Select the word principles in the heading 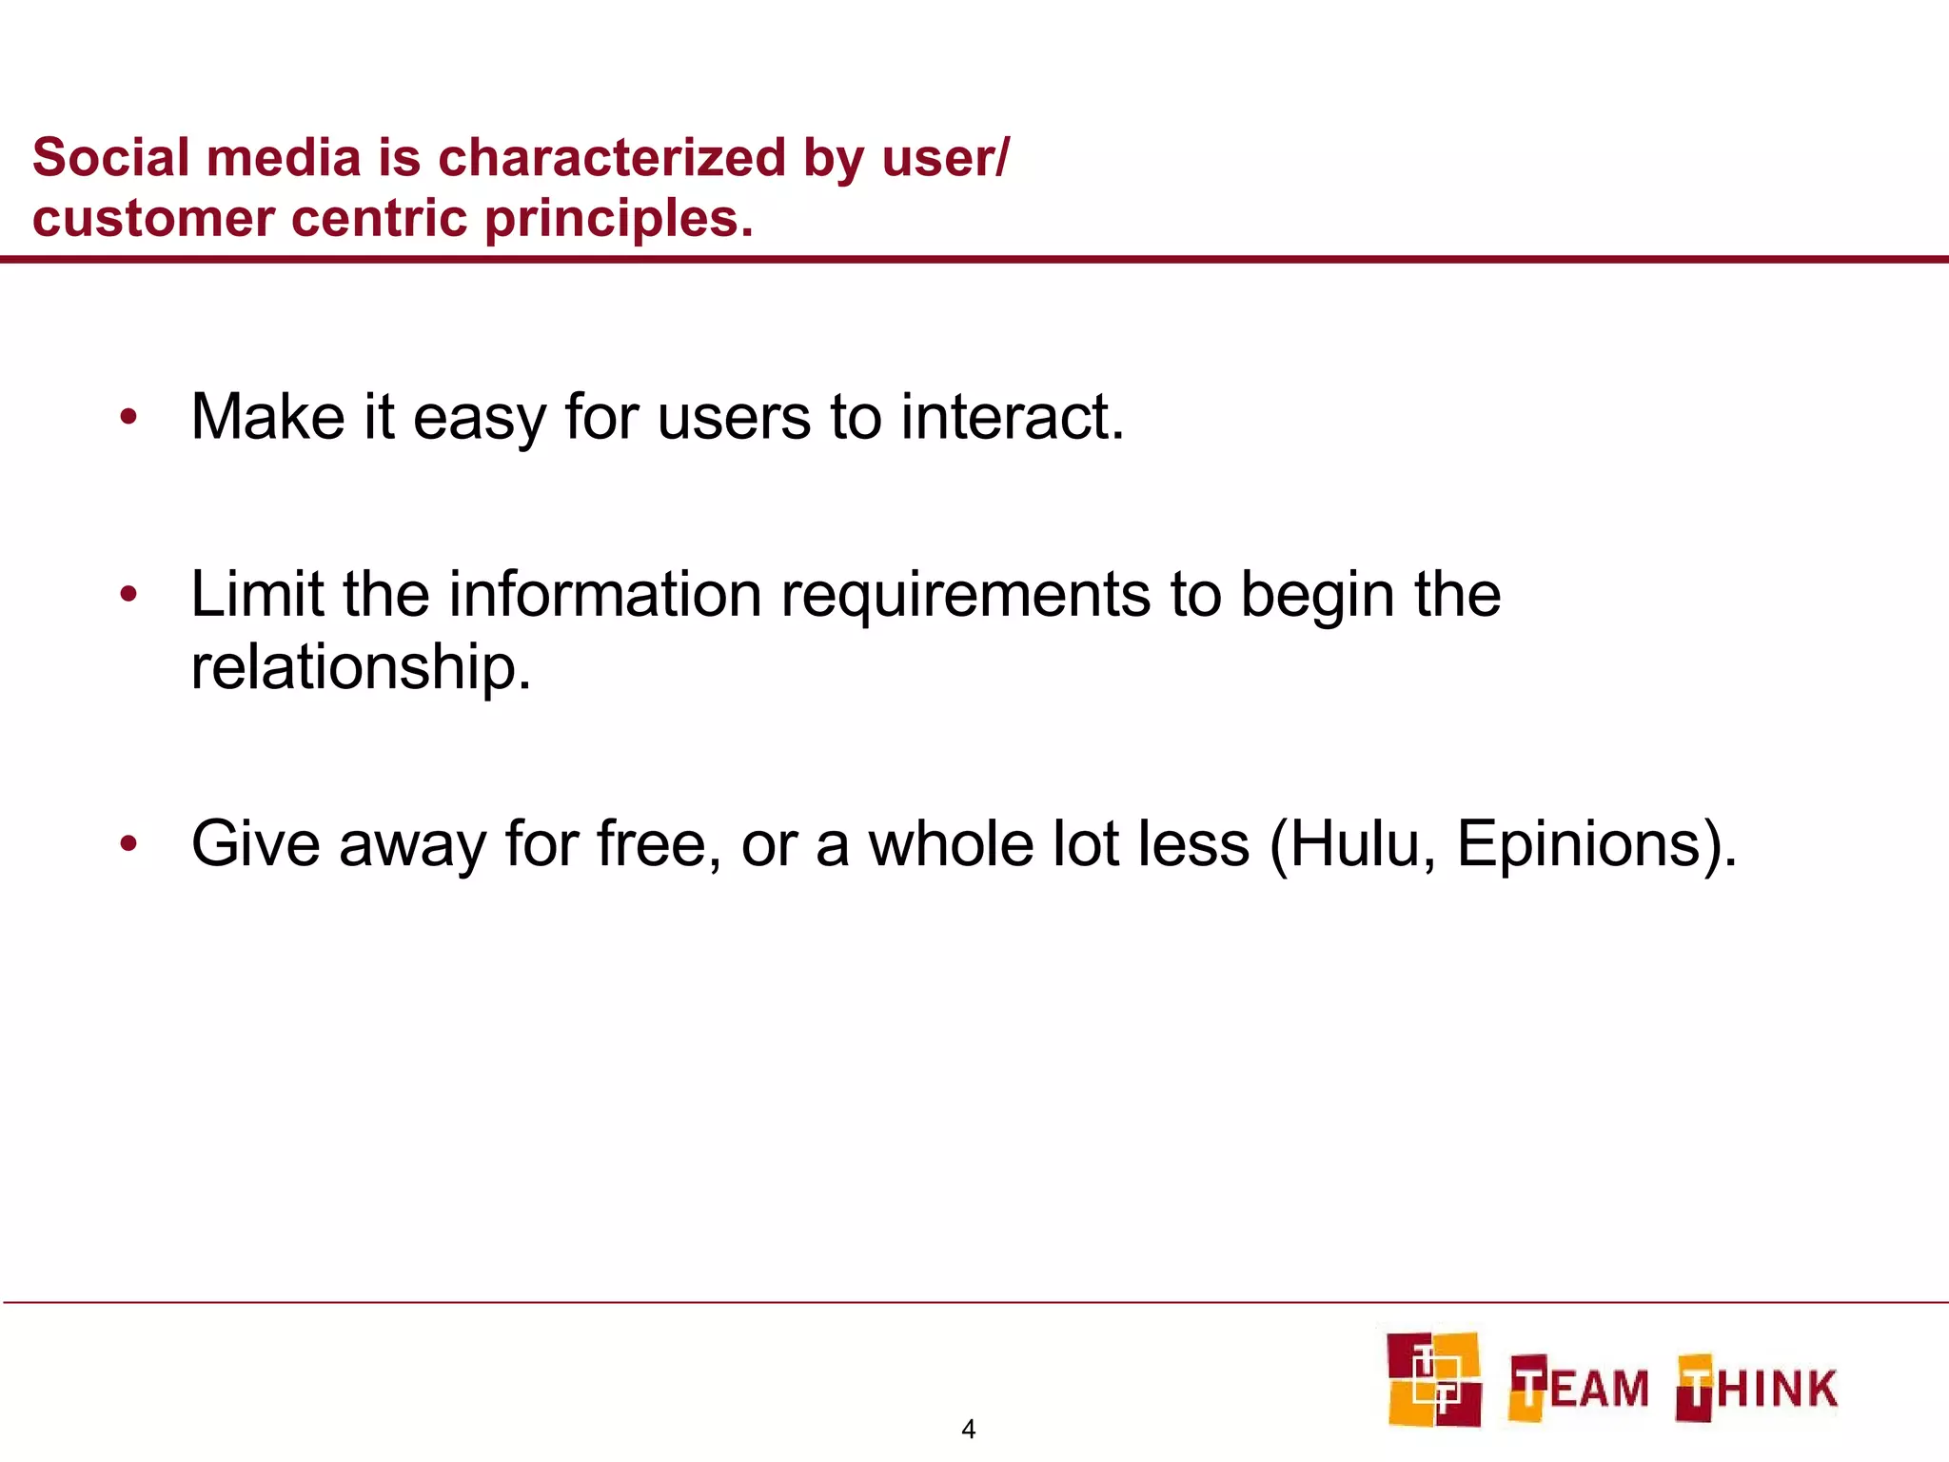619,220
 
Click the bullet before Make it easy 129,417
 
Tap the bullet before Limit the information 129,595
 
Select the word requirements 965,597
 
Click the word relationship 361,667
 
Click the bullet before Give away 129,843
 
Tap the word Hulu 1353,844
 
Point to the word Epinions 1578,845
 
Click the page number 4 969,1429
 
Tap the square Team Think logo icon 1433,1379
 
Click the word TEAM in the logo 1580,1388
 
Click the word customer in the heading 154,220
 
